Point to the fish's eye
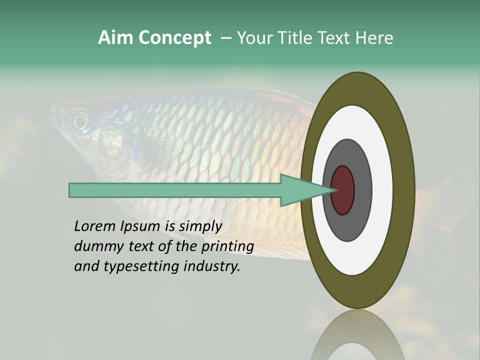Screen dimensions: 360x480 80,121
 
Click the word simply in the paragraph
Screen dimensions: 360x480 200,226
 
